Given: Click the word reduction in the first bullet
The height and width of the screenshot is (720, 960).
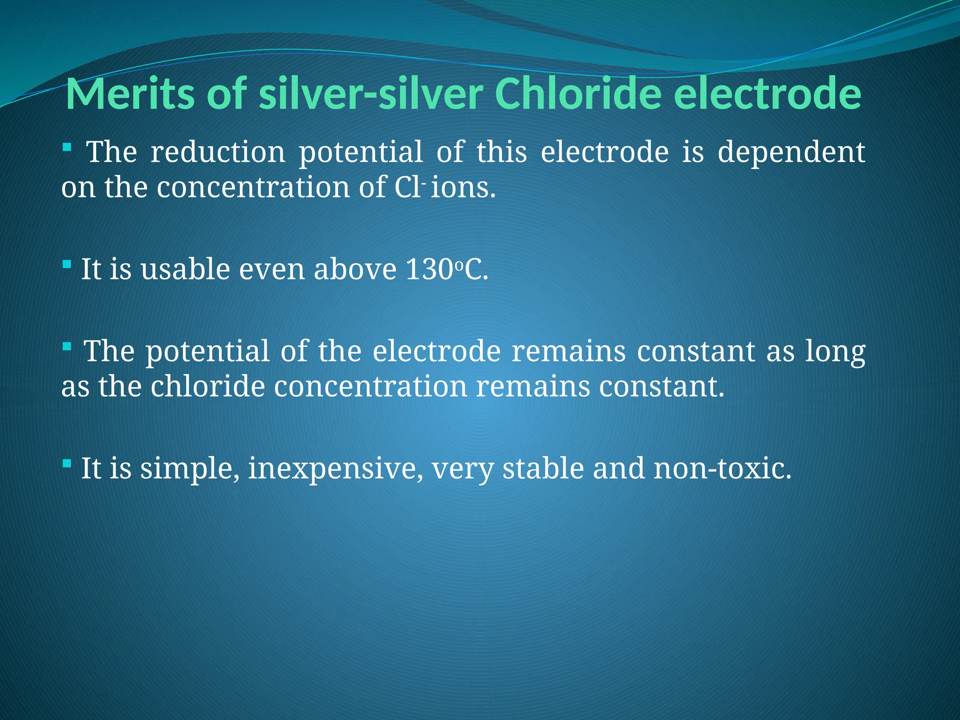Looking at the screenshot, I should click(x=217, y=152).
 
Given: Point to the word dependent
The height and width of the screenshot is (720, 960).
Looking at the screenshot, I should click(x=791, y=153).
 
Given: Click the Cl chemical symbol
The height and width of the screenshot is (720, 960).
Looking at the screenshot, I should click(x=407, y=187).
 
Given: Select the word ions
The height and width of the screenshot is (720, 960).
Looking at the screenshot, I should click(x=462, y=187).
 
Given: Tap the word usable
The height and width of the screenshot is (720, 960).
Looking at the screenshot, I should click(x=186, y=270).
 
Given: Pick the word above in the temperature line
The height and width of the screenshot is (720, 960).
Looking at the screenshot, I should click(x=355, y=270).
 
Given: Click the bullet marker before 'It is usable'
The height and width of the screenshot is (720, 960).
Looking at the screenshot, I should click(x=67, y=265).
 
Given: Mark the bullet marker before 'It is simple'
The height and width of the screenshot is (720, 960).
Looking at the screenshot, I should click(x=67, y=464).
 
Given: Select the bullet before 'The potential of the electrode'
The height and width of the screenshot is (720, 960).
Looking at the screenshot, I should click(x=67, y=347).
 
